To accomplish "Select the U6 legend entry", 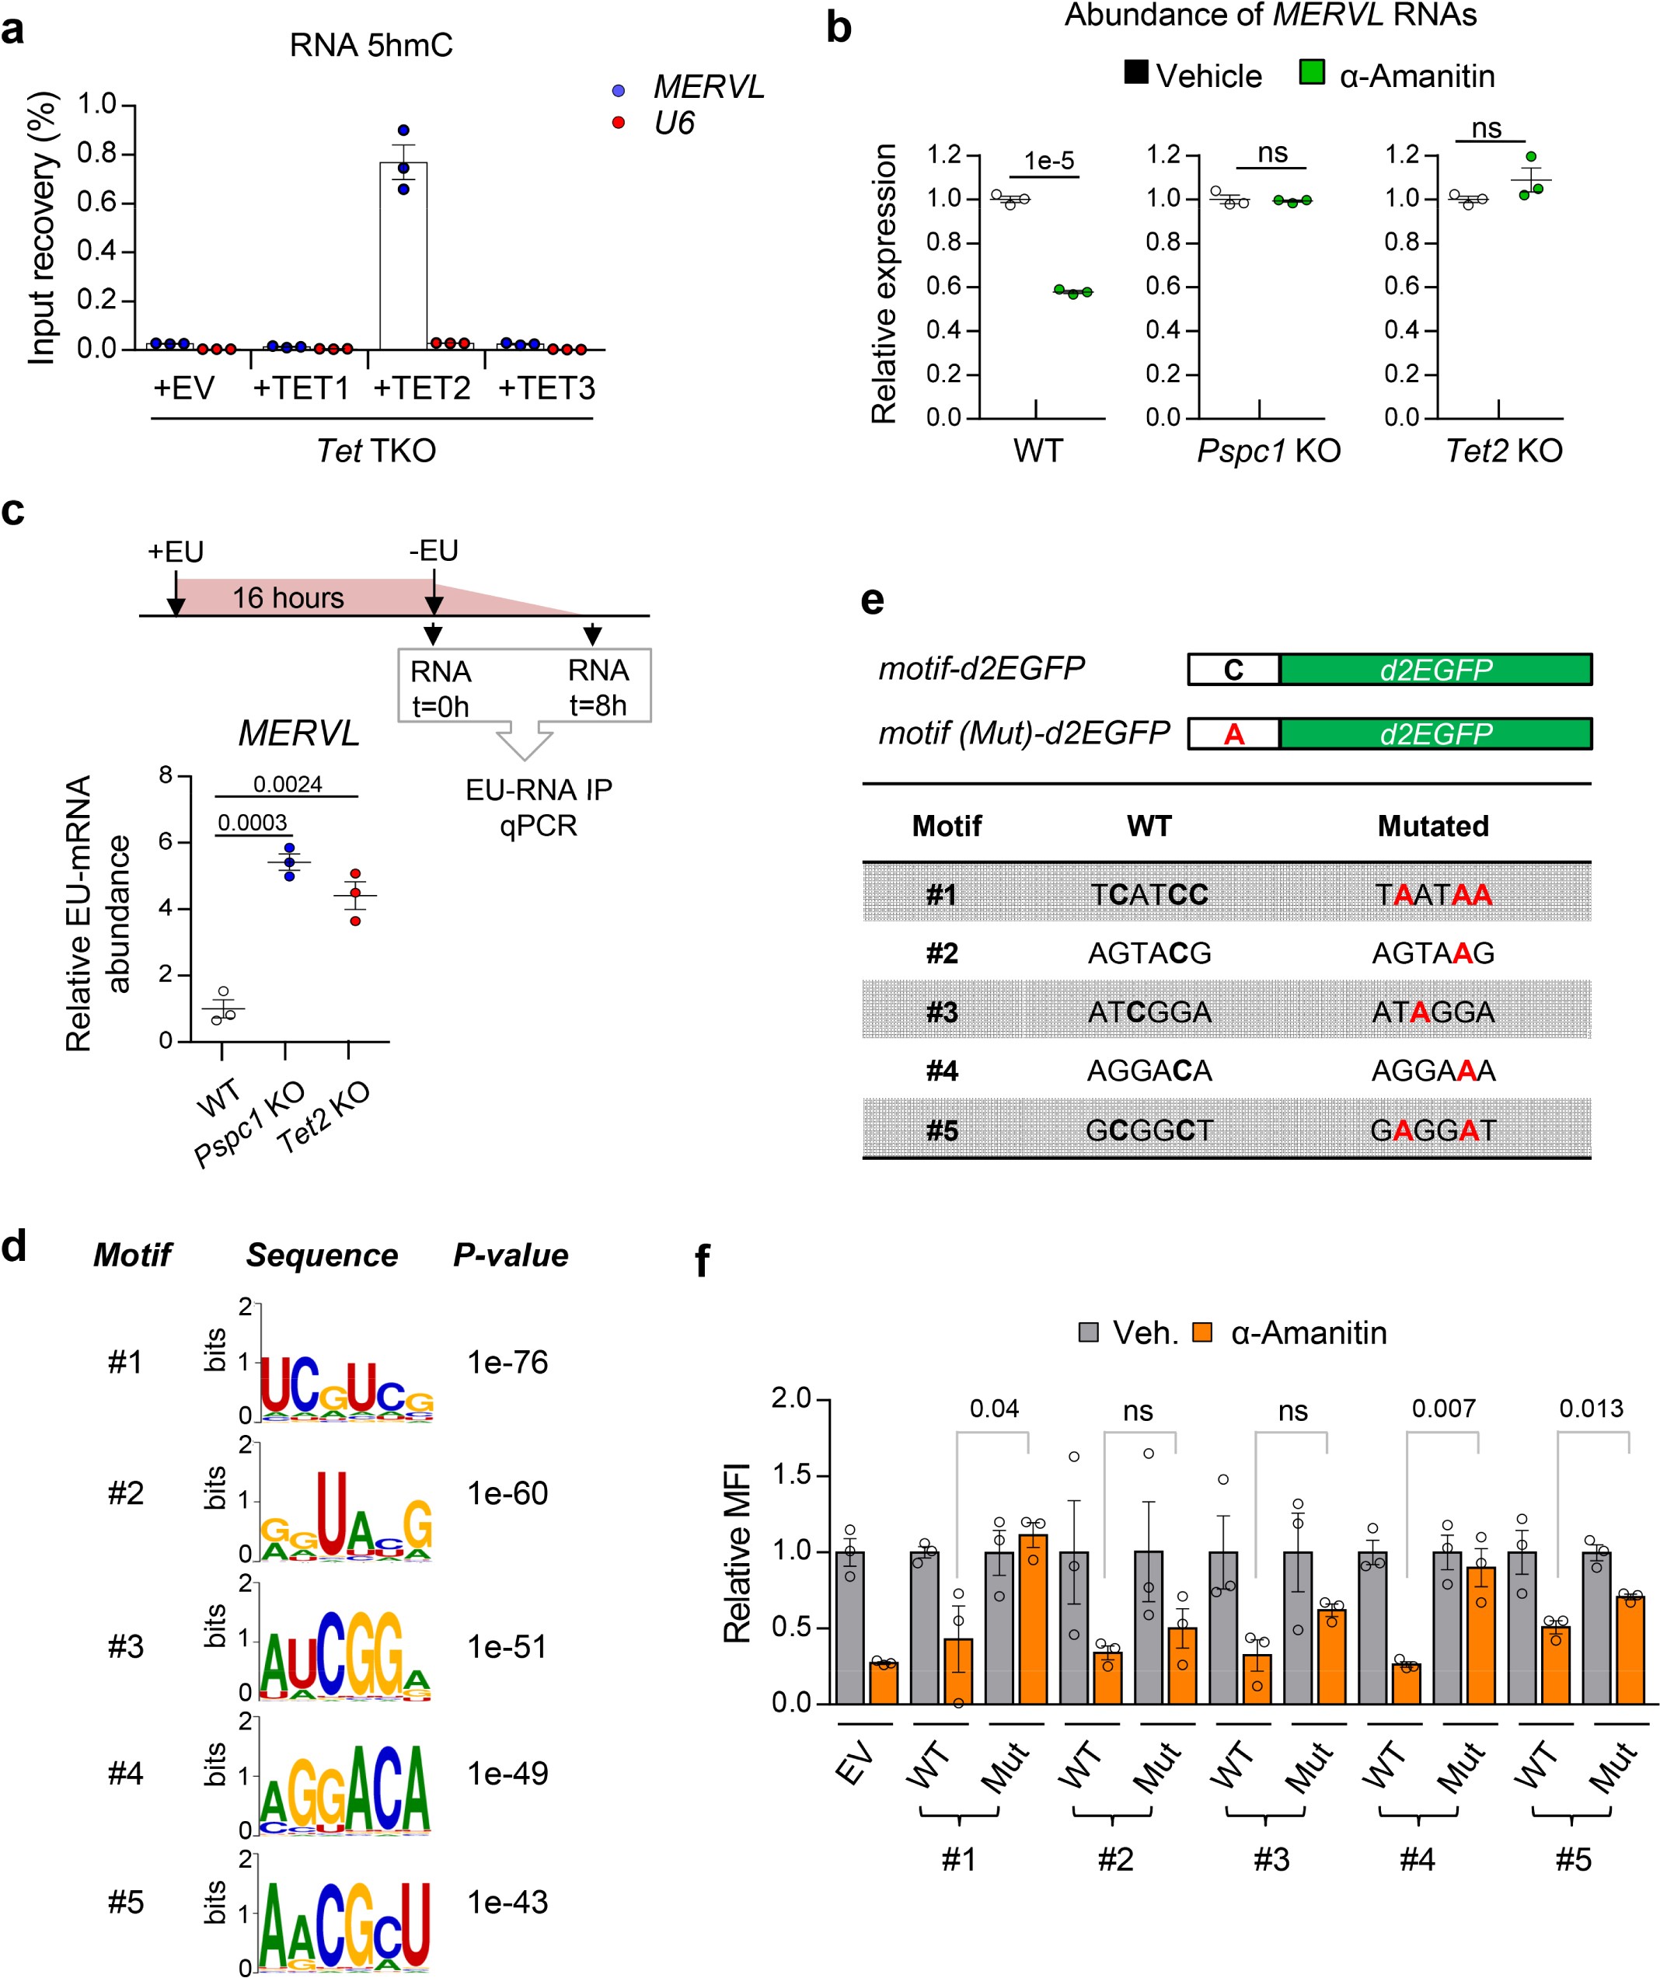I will click(675, 124).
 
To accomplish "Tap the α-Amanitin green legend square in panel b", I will click(1311, 72).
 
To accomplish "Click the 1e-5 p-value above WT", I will click(1048, 161).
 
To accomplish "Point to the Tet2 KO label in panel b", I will click(1504, 451).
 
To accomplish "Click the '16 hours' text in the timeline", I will click(288, 598).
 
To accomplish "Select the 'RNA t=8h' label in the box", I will click(598, 688).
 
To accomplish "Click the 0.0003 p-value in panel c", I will click(253, 822).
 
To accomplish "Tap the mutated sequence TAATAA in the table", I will click(1433, 894).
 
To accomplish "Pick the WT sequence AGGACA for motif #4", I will click(1149, 1071).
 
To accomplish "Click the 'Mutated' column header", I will click(1433, 826).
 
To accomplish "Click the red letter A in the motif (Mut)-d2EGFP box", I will click(1233, 733).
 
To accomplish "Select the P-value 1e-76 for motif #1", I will click(507, 1362).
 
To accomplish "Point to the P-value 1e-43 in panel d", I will click(507, 1902).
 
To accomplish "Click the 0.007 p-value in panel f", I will click(1442, 1409).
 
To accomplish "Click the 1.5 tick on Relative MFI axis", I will click(791, 1475).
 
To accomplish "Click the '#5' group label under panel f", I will click(1572, 1859).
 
